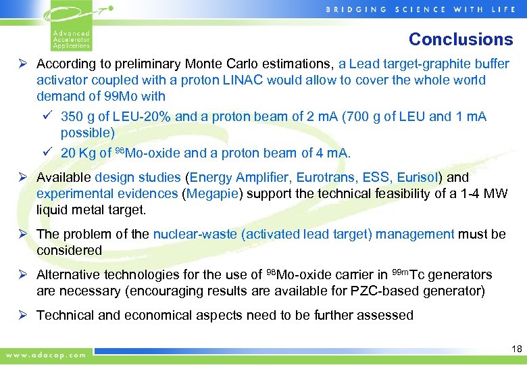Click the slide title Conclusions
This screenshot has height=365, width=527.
click(x=461, y=39)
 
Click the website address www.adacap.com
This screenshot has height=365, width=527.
click(x=46, y=354)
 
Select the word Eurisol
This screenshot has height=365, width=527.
click(x=418, y=178)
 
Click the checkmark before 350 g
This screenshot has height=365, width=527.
click(x=47, y=116)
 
